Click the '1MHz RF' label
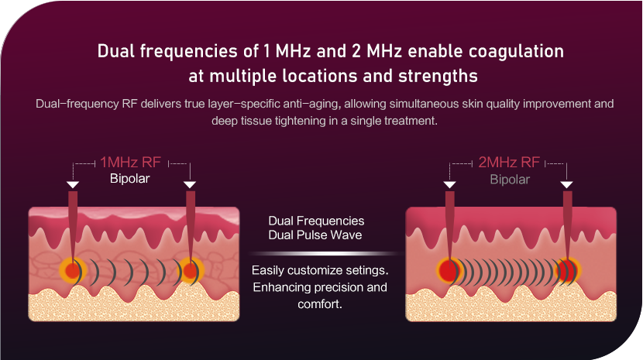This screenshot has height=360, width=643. tap(130, 163)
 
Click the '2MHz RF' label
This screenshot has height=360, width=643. tap(509, 163)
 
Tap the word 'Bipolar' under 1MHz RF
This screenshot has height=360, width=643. tap(129, 178)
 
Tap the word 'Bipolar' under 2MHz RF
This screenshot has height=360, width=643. tap(510, 179)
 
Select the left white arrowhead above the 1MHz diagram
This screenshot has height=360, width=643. tap(73, 185)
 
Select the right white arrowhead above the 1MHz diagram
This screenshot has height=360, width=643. tap(190, 185)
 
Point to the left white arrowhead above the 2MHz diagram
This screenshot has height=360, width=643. tap(450, 185)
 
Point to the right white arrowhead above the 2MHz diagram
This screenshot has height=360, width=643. tap(567, 185)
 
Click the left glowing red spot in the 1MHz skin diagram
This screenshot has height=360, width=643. tap(72, 271)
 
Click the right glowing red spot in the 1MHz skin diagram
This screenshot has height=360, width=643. tap(190, 271)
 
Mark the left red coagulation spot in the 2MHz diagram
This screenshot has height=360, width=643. tap(448, 271)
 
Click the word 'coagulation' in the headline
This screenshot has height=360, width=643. tap(516, 52)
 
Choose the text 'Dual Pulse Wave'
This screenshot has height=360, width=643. tap(315, 235)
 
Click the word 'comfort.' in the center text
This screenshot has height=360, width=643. tap(320, 304)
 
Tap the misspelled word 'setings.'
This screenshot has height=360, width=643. tap(366, 271)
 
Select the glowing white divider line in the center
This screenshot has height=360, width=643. tap(325, 254)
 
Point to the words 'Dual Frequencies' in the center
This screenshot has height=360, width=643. tap(316, 221)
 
